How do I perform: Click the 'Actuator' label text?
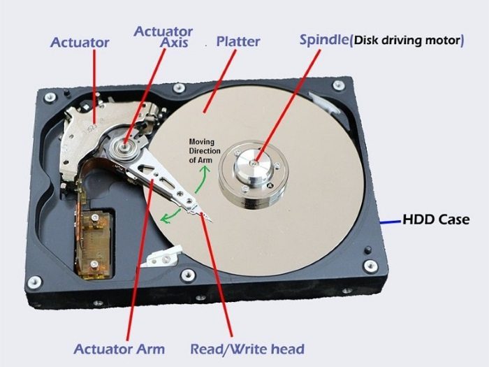tap(80, 43)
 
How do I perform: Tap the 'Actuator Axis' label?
tap(163, 37)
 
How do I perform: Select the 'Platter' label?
tap(238, 41)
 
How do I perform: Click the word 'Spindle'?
tap(323, 40)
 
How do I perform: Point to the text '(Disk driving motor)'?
tap(407, 41)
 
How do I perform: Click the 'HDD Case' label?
tap(436, 220)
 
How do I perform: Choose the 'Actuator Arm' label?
tap(119, 349)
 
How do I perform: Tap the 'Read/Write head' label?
tap(247, 349)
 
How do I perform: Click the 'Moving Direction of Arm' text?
tap(204, 151)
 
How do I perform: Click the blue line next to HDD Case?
tap(390, 222)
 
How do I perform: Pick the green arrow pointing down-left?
tap(170, 217)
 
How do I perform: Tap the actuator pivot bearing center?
tap(125, 145)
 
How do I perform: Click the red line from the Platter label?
tap(219, 81)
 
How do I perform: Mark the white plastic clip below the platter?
tap(162, 257)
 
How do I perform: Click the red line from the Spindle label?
tap(288, 106)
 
